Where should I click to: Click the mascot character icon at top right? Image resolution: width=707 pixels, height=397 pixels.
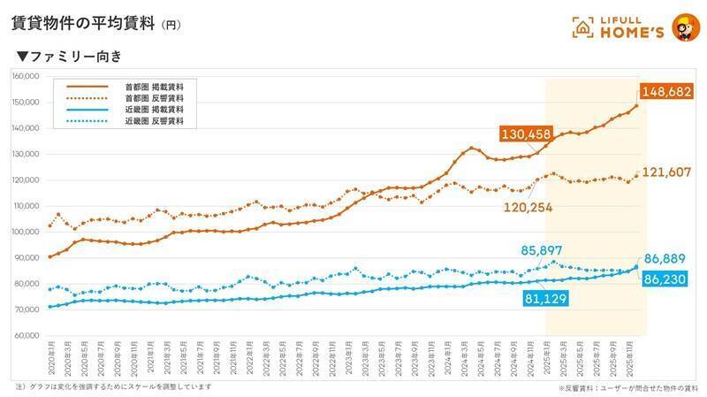[x=682, y=27]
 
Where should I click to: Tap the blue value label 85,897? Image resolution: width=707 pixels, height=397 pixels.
[x=528, y=251]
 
